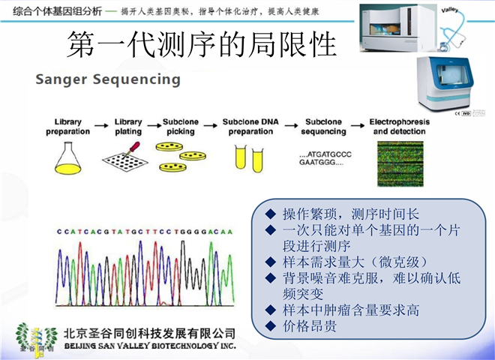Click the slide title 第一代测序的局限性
202,45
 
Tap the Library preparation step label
73,126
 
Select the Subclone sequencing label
325,126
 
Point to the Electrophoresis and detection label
400,126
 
